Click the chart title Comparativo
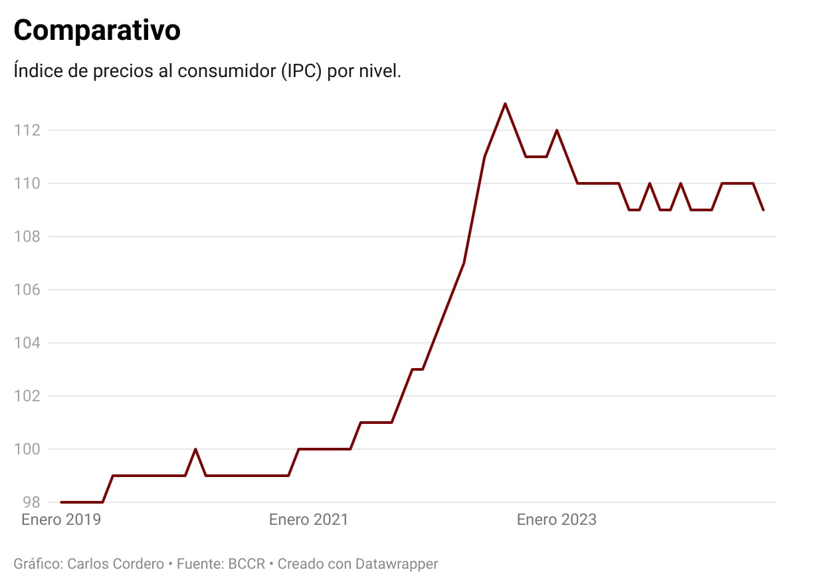pyautogui.click(x=97, y=31)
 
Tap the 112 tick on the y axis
pyautogui.click(x=28, y=130)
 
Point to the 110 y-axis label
pyautogui.click(x=28, y=183)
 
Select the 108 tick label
pyautogui.click(x=28, y=237)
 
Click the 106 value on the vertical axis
pyautogui.click(x=28, y=290)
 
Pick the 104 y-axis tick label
pyautogui.click(x=28, y=343)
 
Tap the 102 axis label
pyautogui.click(x=28, y=396)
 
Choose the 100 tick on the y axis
pyautogui.click(x=28, y=449)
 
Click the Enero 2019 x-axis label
pyautogui.click(x=61, y=520)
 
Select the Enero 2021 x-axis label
pyautogui.click(x=308, y=520)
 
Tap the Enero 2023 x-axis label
pyautogui.click(x=557, y=520)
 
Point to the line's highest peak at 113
pyautogui.click(x=505, y=104)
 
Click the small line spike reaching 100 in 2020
pyautogui.click(x=195, y=449)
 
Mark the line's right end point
pyautogui.click(x=764, y=210)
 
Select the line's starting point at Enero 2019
pyautogui.click(x=61, y=502)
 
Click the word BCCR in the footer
pyautogui.click(x=247, y=564)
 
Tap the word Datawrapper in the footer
pyautogui.click(x=397, y=564)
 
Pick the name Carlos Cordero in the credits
pyautogui.click(x=116, y=564)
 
